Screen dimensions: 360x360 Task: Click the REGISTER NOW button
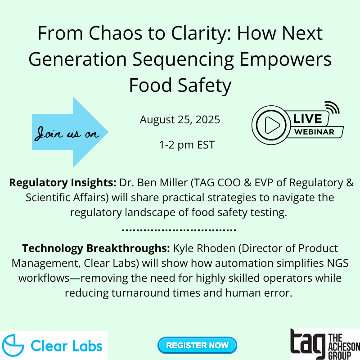click(x=197, y=345)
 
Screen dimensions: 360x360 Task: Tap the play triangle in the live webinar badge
click(x=272, y=125)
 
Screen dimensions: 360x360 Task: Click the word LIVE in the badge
click(x=307, y=119)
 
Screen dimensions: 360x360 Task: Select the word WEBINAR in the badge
click(x=314, y=132)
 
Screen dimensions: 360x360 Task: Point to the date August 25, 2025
click(x=180, y=120)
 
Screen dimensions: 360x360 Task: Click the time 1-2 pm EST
click(x=187, y=145)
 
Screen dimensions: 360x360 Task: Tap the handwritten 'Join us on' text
click(x=67, y=133)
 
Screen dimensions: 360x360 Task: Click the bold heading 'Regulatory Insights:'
click(x=63, y=183)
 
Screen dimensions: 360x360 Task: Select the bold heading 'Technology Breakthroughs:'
click(x=96, y=248)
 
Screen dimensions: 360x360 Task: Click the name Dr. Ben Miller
click(x=153, y=183)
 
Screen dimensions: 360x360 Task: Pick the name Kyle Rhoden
click(x=204, y=248)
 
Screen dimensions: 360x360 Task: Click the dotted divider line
click(x=179, y=230)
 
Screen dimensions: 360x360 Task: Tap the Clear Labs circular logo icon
click(x=13, y=346)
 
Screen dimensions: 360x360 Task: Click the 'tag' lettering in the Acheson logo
click(x=308, y=344)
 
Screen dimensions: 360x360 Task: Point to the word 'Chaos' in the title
click(x=116, y=33)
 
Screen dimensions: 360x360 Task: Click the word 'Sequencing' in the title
click(x=183, y=59)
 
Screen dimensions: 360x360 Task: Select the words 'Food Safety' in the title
click(x=180, y=85)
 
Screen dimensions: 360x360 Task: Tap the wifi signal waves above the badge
click(x=333, y=108)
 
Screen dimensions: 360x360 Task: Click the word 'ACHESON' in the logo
click(x=344, y=346)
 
